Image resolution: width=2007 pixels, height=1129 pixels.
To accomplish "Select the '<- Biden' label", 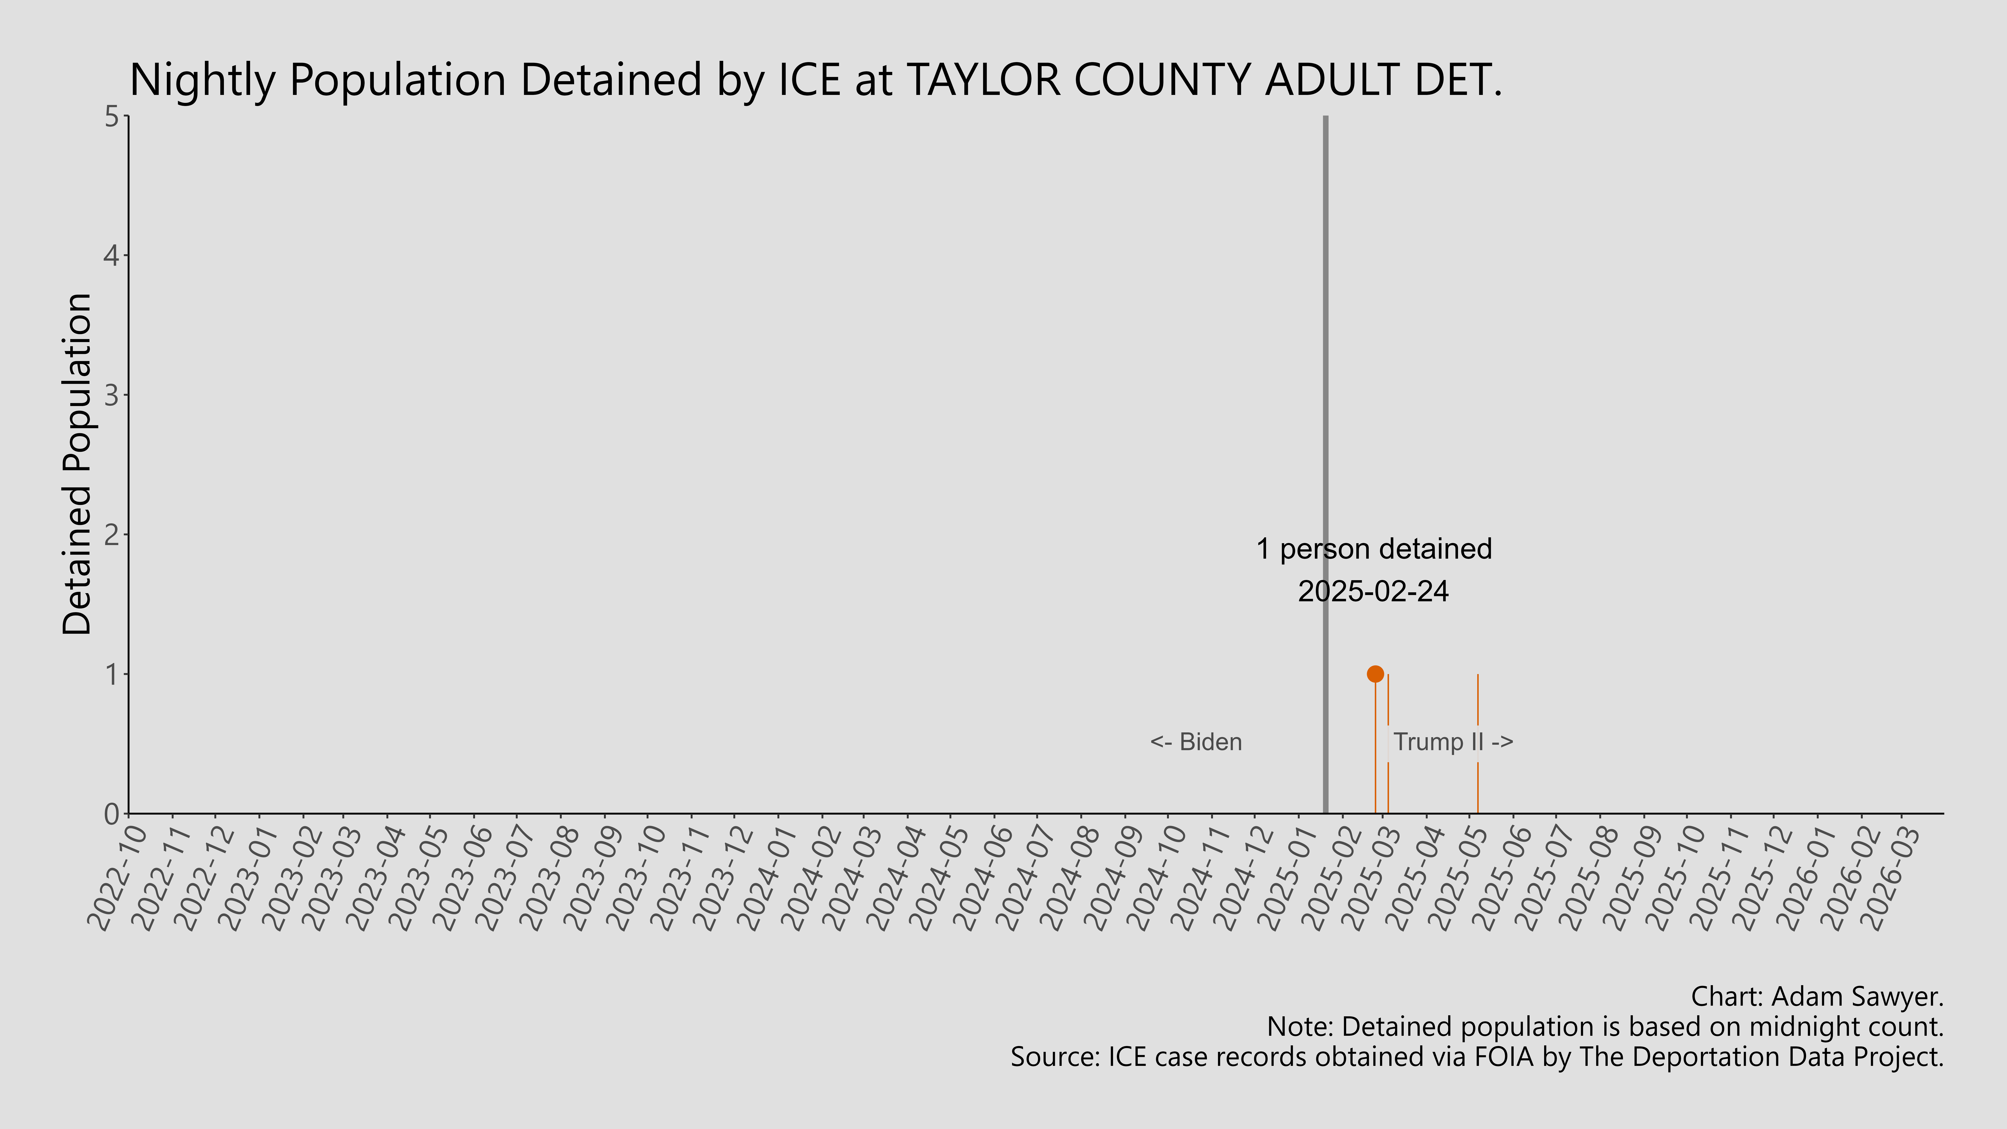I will tap(1196, 742).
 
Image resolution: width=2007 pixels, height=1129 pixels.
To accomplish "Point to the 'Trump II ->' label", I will tap(1453, 742).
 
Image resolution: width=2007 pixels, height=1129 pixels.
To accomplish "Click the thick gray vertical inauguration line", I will tap(1325, 390).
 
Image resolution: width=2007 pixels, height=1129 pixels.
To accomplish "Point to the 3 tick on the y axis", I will tap(111, 395).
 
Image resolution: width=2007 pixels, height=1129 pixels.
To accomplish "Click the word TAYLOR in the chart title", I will tap(983, 79).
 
